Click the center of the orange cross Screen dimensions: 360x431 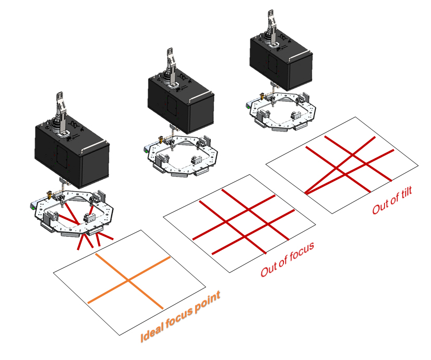pos(128,281)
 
